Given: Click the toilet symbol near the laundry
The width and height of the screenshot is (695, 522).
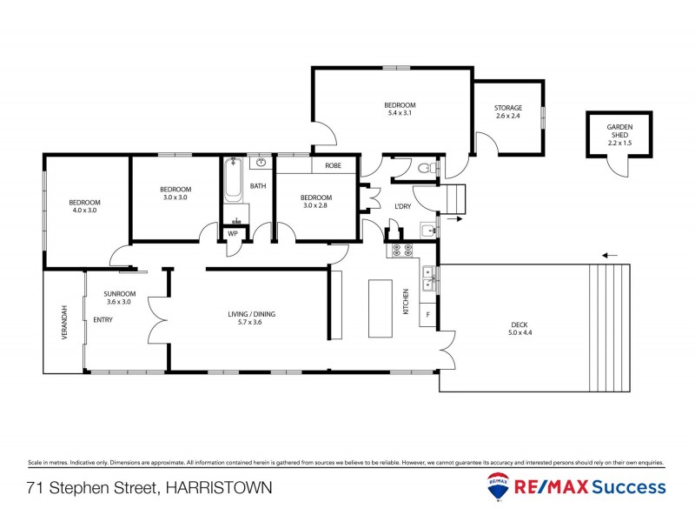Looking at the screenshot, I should point(424,168).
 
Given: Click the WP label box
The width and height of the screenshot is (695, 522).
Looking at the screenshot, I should point(233,233).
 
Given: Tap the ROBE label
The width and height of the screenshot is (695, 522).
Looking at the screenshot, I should point(333,165).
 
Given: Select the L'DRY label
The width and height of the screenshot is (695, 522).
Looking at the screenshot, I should point(402,206).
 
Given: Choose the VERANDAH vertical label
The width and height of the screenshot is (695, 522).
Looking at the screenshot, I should point(63,323).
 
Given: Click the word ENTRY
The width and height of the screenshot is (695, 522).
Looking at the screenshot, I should point(103,320).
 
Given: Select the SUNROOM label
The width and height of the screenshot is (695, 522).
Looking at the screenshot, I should point(117,294).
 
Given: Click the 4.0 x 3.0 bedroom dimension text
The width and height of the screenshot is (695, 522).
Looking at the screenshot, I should point(85,210).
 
